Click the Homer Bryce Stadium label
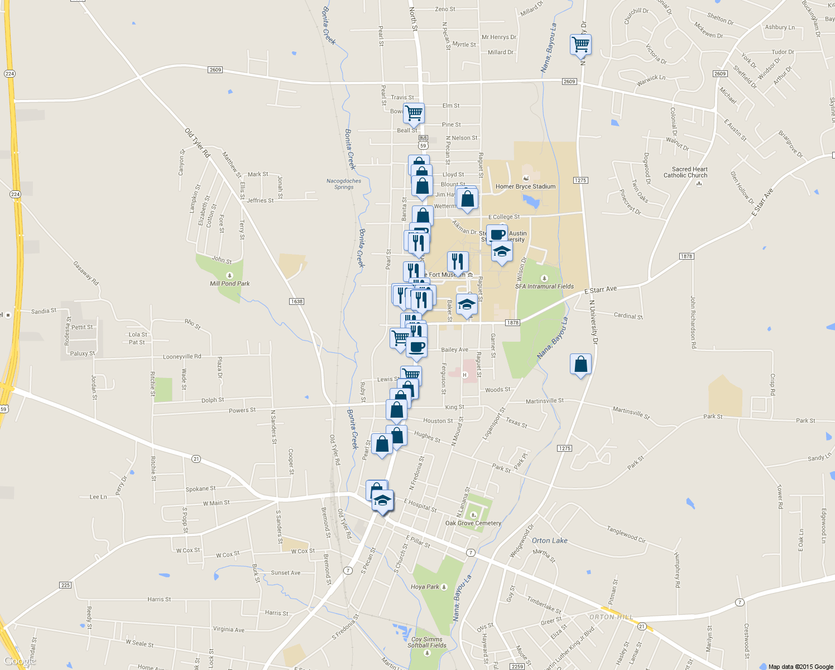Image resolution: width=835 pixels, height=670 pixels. pos(525,186)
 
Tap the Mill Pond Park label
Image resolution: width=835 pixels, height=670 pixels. pos(229,283)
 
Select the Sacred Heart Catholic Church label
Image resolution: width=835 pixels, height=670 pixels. pos(689,172)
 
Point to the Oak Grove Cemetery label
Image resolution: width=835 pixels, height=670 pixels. pos(473,523)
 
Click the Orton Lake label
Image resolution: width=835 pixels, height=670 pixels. pos(549,540)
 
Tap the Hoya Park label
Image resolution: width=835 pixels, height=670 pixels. pos(425,587)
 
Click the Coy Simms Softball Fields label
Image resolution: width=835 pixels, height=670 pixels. pos(426,642)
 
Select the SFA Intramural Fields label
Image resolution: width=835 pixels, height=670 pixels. pos(544,286)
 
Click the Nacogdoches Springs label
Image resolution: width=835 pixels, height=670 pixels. pos(344,184)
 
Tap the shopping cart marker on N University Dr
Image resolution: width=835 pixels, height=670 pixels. pos(580,44)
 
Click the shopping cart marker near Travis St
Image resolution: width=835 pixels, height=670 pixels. pos(414,112)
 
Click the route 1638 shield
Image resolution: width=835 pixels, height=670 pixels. pos(296,301)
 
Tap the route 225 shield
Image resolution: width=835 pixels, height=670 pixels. pos(65,585)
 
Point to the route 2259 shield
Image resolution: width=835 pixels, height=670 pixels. pos(517,667)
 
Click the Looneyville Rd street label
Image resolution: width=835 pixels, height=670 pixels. pos(182,357)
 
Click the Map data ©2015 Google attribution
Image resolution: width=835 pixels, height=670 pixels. pos(800,667)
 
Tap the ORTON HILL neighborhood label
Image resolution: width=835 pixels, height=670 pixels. pos(611,617)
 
